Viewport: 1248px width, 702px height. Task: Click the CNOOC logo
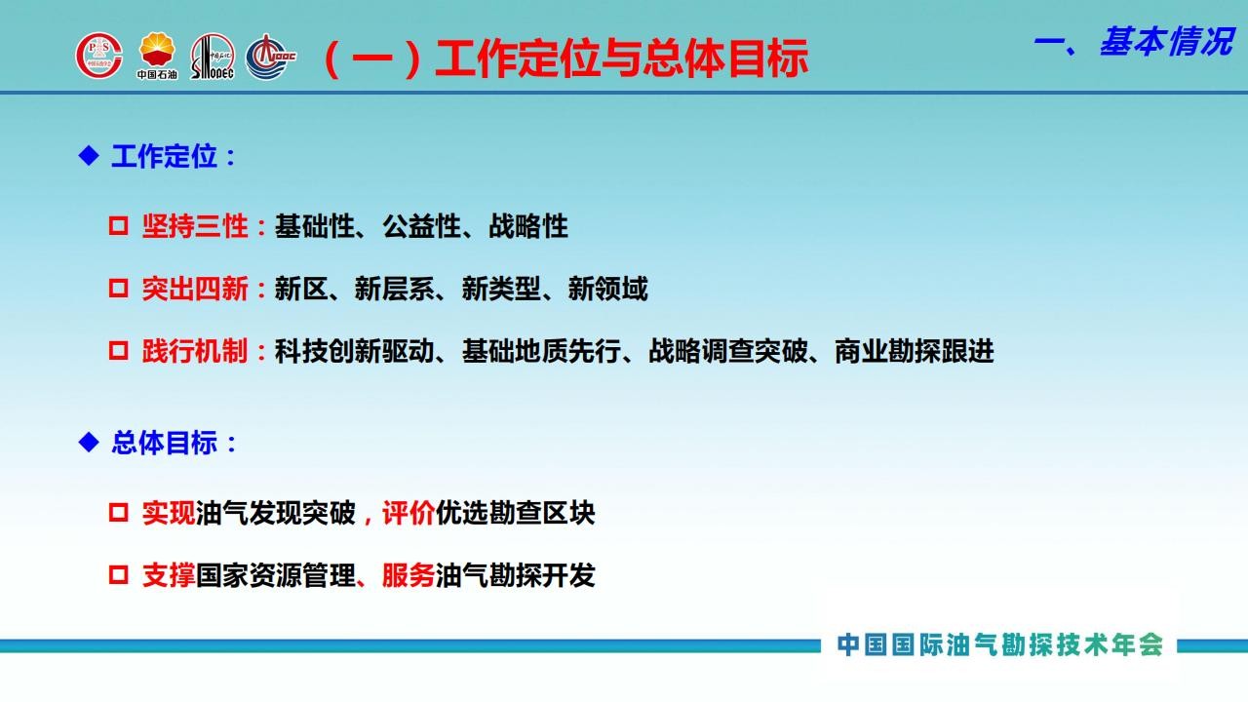(x=271, y=57)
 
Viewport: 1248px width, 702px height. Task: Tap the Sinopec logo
(x=213, y=57)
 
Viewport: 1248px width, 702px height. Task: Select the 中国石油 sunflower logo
(x=157, y=56)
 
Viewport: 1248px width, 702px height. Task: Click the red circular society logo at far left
(x=99, y=56)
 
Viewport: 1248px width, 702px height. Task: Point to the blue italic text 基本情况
(x=1167, y=42)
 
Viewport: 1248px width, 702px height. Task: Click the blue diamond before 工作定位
(x=89, y=155)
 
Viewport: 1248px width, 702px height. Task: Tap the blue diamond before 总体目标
(x=89, y=443)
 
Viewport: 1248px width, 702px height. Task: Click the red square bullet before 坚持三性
(x=118, y=226)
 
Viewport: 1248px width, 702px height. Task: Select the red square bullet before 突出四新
(x=118, y=289)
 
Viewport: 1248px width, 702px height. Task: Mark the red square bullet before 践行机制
(x=118, y=351)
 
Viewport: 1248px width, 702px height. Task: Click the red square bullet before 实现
(x=118, y=513)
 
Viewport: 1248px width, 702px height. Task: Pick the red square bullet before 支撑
(x=118, y=575)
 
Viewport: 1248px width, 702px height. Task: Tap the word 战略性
(x=528, y=226)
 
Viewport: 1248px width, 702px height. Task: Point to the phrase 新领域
(x=607, y=289)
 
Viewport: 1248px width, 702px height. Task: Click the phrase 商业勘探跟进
(x=915, y=351)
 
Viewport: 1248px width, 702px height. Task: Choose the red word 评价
(x=409, y=513)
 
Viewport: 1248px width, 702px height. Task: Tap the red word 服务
(x=409, y=575)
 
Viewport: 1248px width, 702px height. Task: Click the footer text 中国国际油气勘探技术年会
(x=1000, y=644)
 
